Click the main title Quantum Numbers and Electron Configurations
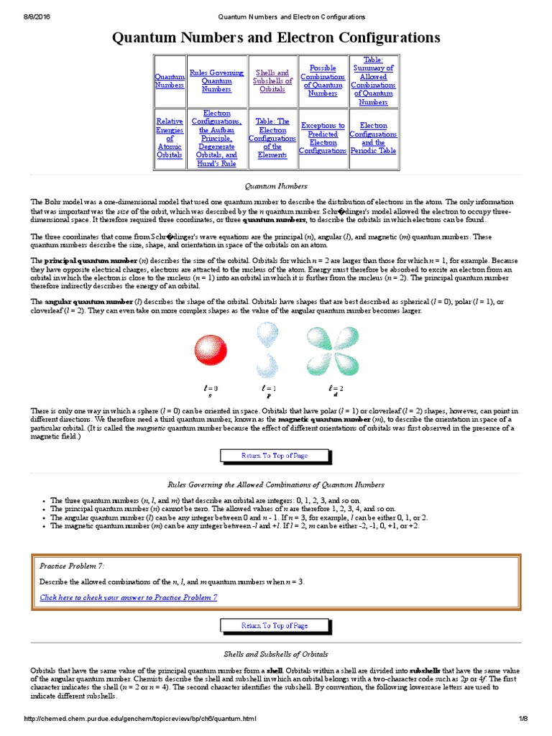(x=276, y=37)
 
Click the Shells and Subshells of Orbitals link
(x=272, y=80)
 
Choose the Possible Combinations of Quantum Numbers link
(x=322, y=80)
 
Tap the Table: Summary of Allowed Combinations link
(x=373, y=80)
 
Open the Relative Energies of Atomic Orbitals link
(x=170, y=138)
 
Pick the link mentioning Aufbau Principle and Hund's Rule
(x=217, y=138)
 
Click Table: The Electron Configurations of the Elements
(x=272, y=138)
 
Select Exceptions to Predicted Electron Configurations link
(x=322, y=138)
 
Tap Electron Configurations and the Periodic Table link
(x=373, y=138)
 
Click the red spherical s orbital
(x=211, y=351)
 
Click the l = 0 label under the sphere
(x=211, y=388)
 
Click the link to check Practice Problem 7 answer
(x=129, y=597)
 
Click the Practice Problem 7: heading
(x=72, y=566)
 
